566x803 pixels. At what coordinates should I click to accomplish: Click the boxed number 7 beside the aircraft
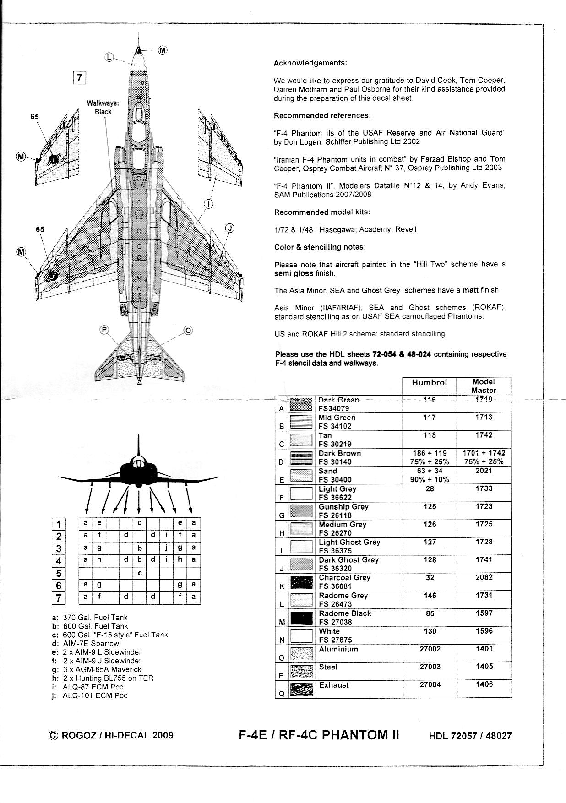pos(80,77)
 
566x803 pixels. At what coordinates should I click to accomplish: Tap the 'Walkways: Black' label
pos(103,108)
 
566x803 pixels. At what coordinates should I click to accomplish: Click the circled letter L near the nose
pos(109,57)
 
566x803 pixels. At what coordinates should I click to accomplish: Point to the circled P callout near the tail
pos(104,330)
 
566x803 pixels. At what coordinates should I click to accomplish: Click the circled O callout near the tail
pos(188,331)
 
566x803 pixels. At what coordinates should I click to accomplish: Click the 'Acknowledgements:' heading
pos(310,63)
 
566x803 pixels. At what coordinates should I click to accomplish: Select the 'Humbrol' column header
pos(429,382)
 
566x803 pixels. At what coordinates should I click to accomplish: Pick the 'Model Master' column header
pos(484,385)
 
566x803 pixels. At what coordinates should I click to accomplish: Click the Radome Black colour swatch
pos(301,618)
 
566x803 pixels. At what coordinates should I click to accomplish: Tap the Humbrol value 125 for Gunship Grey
pos(430,507)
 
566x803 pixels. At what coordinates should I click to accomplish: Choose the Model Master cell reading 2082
pos(484,578)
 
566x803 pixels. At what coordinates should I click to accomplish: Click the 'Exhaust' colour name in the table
pos(334,685)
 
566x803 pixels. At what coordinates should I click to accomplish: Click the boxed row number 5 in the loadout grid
pos(59,573)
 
